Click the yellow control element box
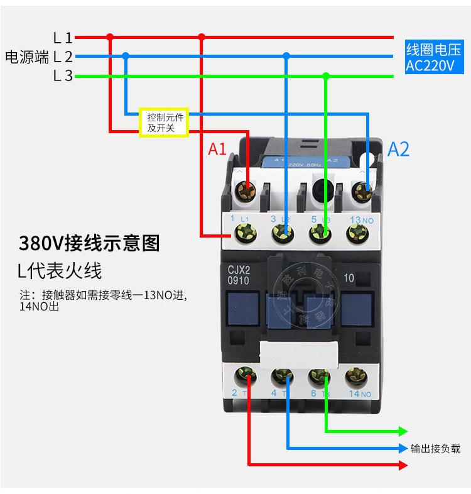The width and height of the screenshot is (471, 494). tap(163, 122)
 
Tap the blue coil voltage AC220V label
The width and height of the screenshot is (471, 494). tap(432, 58)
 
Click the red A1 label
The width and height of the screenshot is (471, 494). tap(217, 149)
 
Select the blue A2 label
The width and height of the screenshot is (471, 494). tap(398, 149)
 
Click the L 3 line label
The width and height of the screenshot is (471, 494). tap(63, 76)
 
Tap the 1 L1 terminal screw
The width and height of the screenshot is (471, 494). tap(244, 234)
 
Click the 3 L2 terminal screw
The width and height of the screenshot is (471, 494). tap(282, 234)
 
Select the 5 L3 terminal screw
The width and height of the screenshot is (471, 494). tap(320, 234)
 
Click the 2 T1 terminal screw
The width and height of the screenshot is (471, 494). tap(245, 377)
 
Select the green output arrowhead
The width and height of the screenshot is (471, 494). tap(403, 432)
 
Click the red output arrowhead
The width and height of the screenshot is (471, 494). tap(403, 465)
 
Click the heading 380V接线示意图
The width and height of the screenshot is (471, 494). tap(89, 243)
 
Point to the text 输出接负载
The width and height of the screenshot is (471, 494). tap(435, 449)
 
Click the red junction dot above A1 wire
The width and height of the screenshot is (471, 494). tap(202, 37)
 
